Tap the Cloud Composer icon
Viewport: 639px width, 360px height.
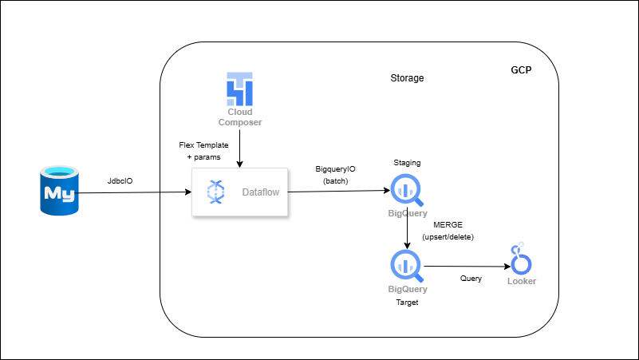239,89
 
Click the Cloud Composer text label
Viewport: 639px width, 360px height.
239,117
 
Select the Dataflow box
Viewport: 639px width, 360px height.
239,192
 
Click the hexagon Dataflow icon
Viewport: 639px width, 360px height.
216,192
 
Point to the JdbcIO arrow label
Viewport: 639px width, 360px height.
120,181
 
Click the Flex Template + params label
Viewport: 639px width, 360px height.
203,150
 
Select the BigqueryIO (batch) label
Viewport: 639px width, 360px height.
336,176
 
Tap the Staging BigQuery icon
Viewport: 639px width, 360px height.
407,190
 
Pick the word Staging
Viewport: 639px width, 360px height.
407,163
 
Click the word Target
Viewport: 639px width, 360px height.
407,303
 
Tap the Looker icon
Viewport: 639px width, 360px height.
522,259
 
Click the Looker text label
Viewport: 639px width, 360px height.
522,281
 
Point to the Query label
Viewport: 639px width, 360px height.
471,279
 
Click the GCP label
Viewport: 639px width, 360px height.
521,70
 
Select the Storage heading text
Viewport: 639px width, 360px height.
407,78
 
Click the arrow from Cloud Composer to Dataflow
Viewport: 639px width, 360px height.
239,148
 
